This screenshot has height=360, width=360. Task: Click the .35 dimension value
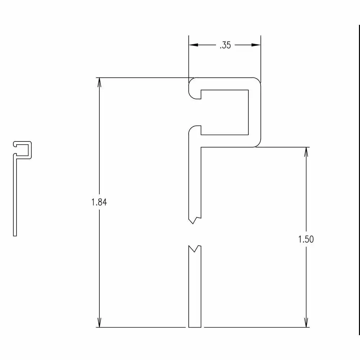[x=225, y=45]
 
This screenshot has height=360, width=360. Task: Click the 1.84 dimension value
[x=99, y=202]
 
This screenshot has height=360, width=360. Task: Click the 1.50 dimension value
[x=306, y=239]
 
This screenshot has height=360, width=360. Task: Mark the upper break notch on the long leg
[x=194, y=220]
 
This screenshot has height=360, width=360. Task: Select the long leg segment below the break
[x=194, y=288]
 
